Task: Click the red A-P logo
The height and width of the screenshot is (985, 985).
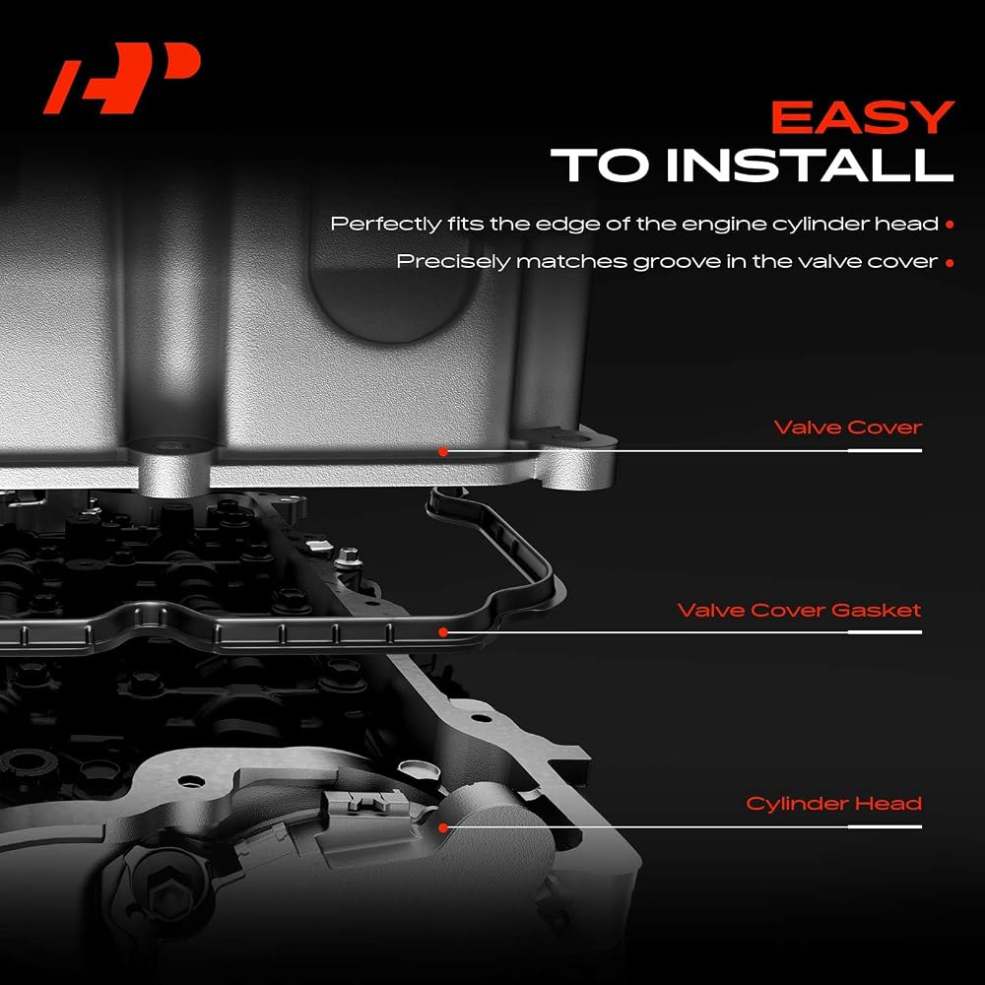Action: [122, 78]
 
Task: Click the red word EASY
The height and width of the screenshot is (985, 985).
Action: [863, 117]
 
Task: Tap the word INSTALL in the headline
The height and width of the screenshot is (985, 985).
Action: [810, 165]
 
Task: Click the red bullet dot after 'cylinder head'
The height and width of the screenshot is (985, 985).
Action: [950, 225]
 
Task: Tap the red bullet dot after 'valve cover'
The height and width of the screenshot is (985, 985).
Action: [950, 263]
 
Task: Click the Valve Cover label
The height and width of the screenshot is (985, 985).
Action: [847, 427]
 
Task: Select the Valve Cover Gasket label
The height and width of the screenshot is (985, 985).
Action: [799, 610]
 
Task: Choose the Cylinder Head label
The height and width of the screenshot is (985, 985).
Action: [833, 804]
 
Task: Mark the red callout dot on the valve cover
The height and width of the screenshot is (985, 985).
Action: [443, 452]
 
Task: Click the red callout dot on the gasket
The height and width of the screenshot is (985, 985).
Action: [443, 632]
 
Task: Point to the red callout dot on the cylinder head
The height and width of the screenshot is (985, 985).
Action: [443, 828]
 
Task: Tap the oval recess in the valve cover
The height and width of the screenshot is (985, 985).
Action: [389, 295]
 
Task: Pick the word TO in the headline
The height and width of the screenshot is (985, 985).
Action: [599, 165]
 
